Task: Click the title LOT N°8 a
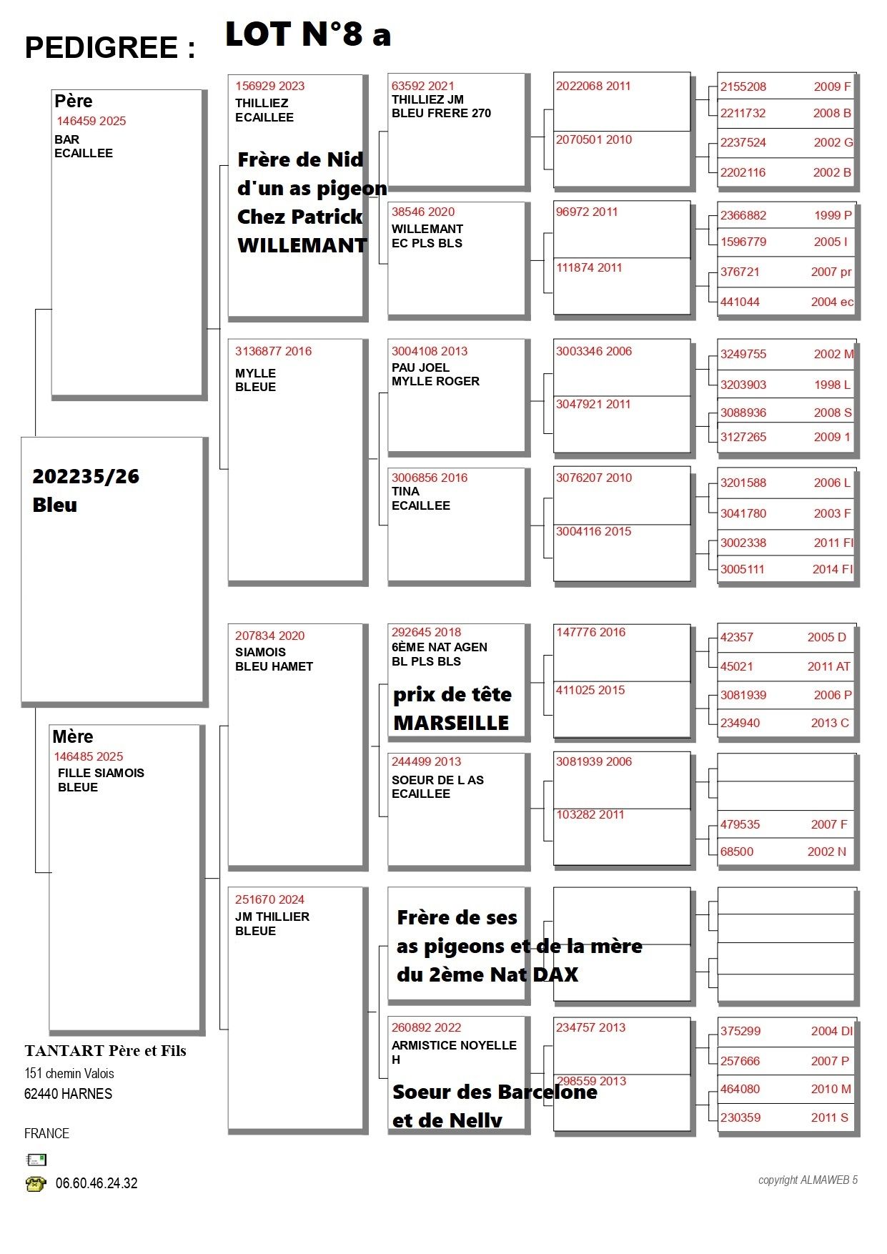click(x=307, y=34)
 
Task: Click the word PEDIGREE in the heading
click(x=101, y=48)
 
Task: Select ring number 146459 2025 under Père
click(x=91, y=121)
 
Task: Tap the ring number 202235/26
click(x=86, y=476)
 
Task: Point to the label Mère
click(x=73, y=736)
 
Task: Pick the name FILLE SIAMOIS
click(x=101, y=773)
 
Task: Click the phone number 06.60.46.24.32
click(x=96, y=1183)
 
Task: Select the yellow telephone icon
click(x=35, y=1184)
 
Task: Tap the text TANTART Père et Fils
click(x=105, y=1051)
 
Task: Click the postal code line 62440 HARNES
click(x=68, y=1094)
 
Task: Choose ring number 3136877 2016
click(x=273, y=351)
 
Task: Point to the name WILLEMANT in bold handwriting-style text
click(x=302, y=245)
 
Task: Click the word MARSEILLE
click(x=451, y=723)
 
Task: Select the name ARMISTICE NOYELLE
click(x=454, y=1045)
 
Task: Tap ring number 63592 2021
click(x=422, y=86)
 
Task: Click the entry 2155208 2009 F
click(x=785, y=87)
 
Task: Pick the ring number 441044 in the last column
click(x=740, y=302)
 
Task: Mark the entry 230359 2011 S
click(x=784, y=1117)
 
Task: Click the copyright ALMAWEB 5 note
click(x=808, y=1180)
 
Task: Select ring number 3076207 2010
click(x=593, y=478)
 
